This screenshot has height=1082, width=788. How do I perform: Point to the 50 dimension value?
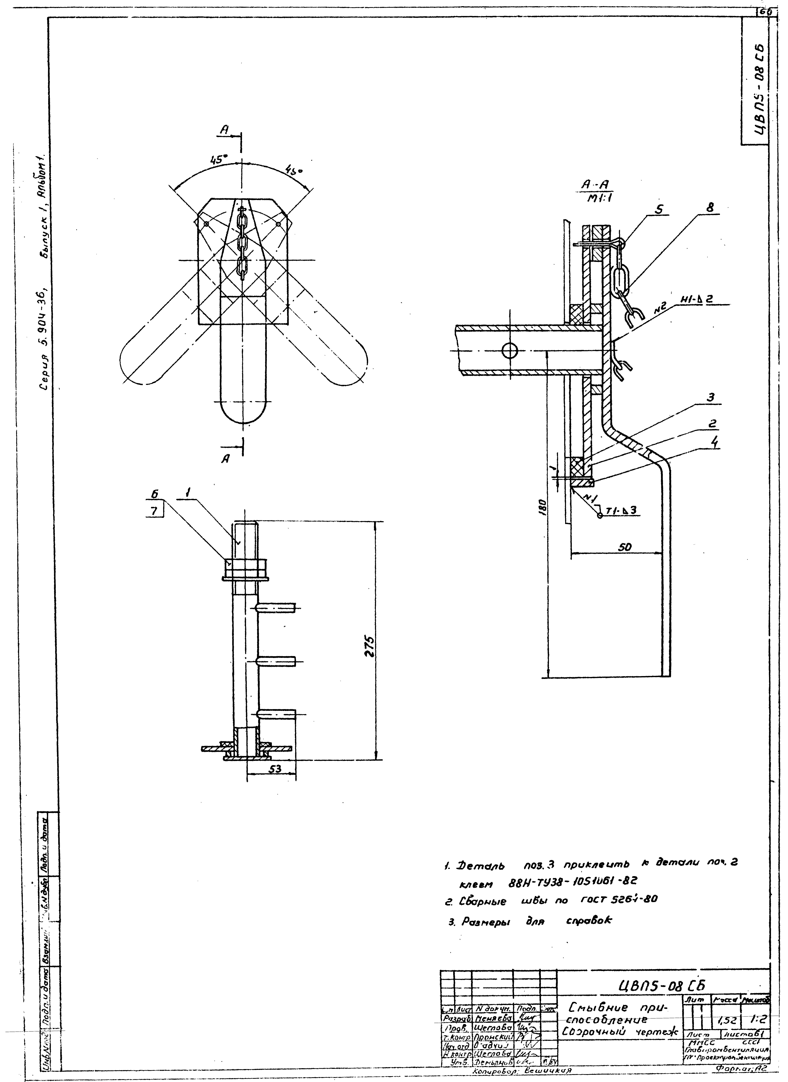point(625,548)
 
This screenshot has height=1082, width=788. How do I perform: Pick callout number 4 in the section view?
point(714,443)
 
